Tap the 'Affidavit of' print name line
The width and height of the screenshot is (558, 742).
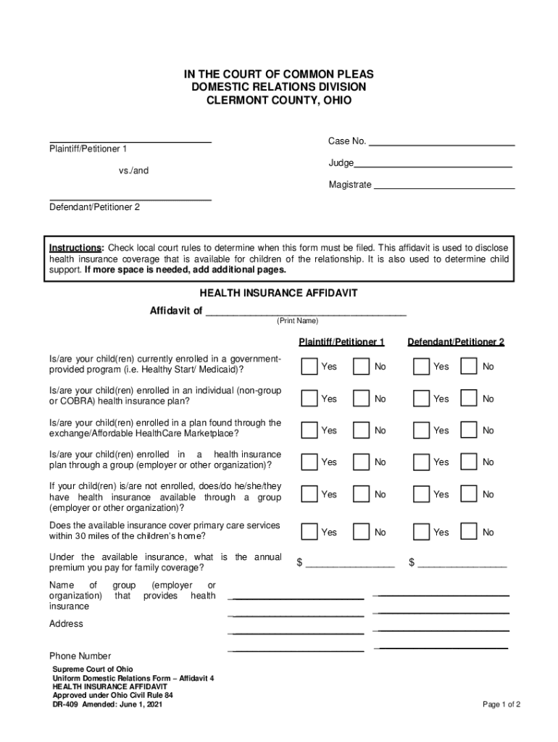(x=306, y=313)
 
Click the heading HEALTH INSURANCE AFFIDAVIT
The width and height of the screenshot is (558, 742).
(x=278, y=293)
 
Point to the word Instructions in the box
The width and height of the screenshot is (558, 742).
(x=77, y=246)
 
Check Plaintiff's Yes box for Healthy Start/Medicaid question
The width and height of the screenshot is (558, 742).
(x=309, y=367)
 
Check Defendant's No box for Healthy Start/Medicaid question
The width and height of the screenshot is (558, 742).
(x=469, y=367)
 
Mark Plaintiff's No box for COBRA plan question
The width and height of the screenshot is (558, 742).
(x=361, y=399)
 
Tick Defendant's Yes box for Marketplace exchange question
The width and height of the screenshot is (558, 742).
(x=421, y=430)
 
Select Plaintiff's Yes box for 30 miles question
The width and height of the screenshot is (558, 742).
(x=309, y=533)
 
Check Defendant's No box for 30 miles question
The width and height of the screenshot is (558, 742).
(x=469, y=533)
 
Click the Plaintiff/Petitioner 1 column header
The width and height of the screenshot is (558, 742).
(x=341, y=342)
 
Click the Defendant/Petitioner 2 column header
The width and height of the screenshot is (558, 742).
(x=456, y=342)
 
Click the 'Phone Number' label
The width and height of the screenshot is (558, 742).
(x=80, y=656)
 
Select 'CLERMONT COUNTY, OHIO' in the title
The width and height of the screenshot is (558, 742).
(x=278, y=101)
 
